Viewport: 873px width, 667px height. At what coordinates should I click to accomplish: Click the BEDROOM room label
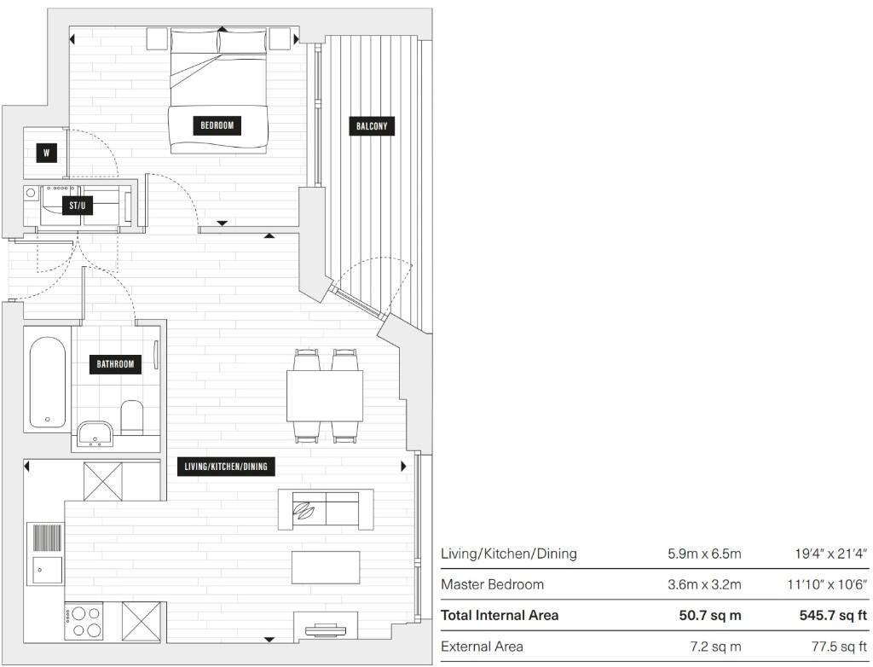pyautogui.click(x=217, y=125)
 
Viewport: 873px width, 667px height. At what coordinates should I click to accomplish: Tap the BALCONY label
pyautogui.click(x=372, y=126)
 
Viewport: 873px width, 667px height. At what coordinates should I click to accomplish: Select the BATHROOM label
pyautogui.click(x=115, y=364)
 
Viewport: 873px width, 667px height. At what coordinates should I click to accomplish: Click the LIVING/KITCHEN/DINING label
pyautogui.click(x=229, y=467)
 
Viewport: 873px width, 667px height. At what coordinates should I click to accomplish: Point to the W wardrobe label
pyautogui.click(x=46, y=154)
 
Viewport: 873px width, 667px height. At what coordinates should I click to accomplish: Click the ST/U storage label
pyautogui.click(x=78, y=206)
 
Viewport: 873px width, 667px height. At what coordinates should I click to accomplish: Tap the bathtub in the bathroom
pyautogui.click(x=47, y=381)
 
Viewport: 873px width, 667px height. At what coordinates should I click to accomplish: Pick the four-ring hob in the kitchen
pyautogui.click(x=84, y=620)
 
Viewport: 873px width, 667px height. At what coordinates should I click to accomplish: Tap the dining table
pyautogui.click(x=325, y=396)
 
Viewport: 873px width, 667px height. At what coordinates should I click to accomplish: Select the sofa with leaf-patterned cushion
pyautogui.click(x=326, y=509)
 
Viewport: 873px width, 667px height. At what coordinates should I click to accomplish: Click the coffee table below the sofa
pyautogui.click(x=326, y=567)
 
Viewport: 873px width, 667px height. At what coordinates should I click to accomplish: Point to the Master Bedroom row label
pyautogui.click(x=492, y=584)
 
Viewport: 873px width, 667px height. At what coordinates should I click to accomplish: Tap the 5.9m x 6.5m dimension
pyautogui.click(x=704, y=554)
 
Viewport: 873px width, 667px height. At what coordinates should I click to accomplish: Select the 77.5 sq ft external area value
pyautogui.click(x=830, y=646)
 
